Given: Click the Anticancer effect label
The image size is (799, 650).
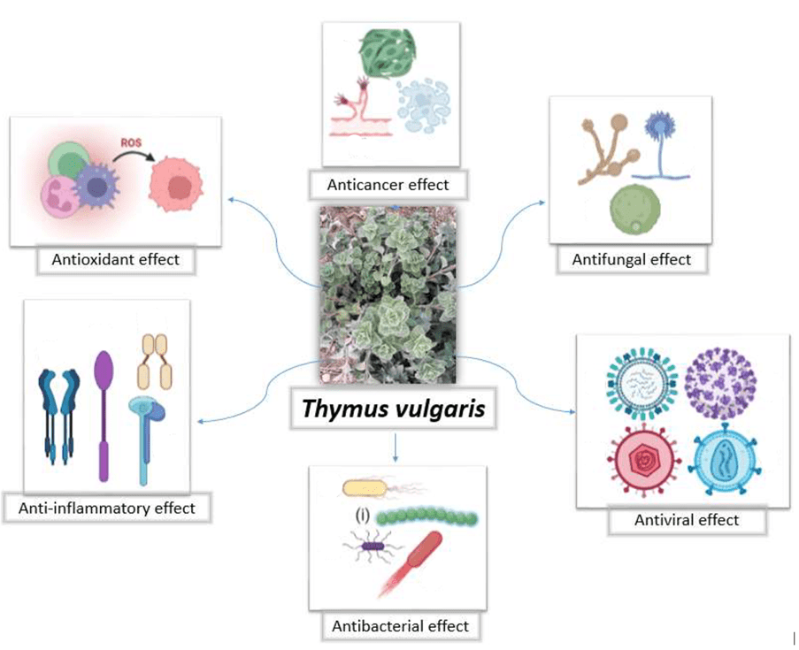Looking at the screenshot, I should click(x=388, y=185).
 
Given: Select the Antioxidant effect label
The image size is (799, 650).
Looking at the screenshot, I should click(x=116, y=259).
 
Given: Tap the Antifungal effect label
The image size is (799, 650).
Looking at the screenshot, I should click(x=632, y=259).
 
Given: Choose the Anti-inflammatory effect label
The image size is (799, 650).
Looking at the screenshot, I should click(x=106, y=509).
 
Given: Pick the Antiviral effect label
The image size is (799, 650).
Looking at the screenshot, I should click(x=686, y=520).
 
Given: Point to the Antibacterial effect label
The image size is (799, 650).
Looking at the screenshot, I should click(x=400, y=626).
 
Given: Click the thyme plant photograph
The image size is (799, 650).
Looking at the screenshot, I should click(x=388, y=292).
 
